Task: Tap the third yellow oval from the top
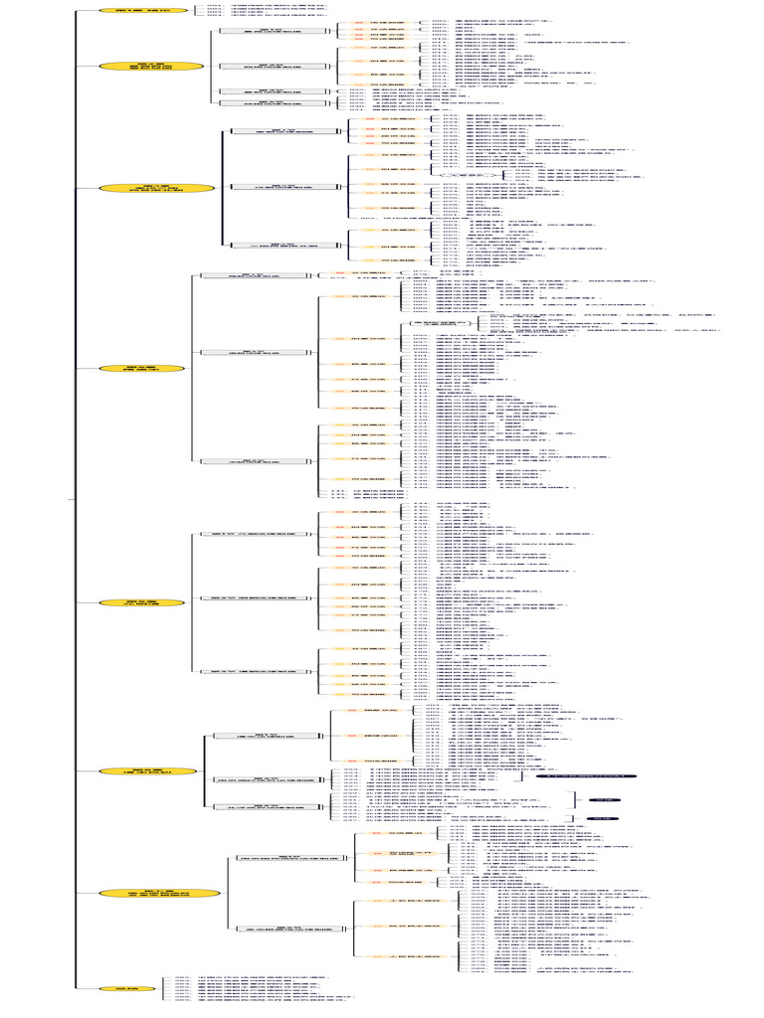[x=157, y=187]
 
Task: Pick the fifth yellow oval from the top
[x=141, y=603]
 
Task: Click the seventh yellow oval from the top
[x=159, y=894]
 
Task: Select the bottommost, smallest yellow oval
[x=127, y=988]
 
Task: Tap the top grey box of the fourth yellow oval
[x=246, y=275]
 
